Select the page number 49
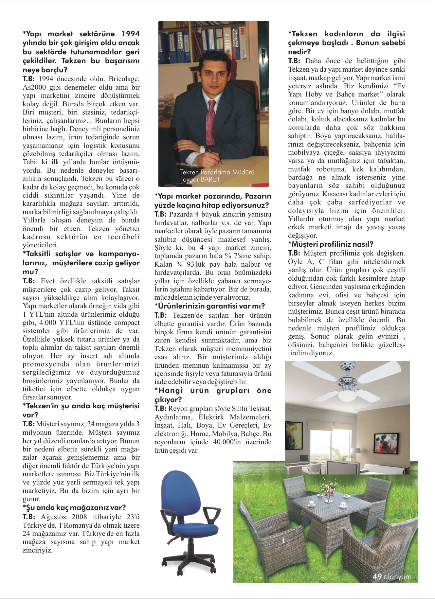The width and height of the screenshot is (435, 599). [377, 577]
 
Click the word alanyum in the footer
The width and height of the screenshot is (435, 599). [397, 577]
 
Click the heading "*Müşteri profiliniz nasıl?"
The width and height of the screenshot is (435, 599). [331, 244]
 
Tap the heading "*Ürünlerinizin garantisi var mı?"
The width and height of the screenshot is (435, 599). [209, 306]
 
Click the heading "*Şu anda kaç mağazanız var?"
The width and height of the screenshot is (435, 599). [74, 508]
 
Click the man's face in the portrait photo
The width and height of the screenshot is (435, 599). [212, 72]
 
